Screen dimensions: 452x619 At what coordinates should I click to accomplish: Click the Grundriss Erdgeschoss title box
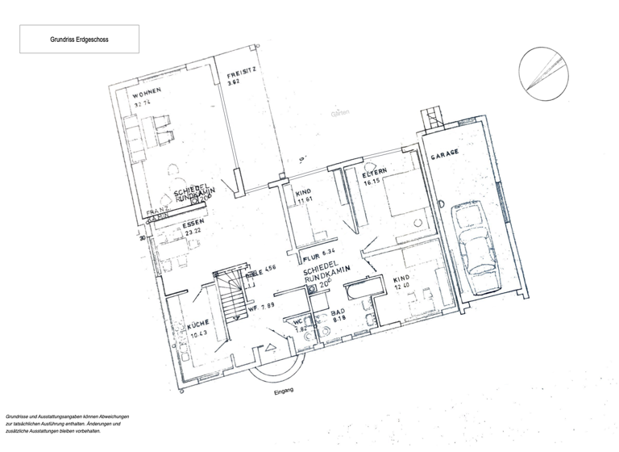pyautogui.click(x=79, y=39)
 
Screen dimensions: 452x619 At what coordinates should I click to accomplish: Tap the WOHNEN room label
pyautogui.click(x=148, y=93)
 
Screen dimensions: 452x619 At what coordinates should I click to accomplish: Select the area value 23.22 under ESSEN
pyautogui.click(x=193, y=231)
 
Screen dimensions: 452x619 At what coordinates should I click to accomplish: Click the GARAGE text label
pyautogui.click(x=444, y=154)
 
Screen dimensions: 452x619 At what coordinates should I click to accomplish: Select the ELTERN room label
pyautogui.click(x=376, y=173)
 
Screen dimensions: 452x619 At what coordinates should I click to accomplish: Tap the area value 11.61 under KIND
pyautogui.click(x=304, y=202)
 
